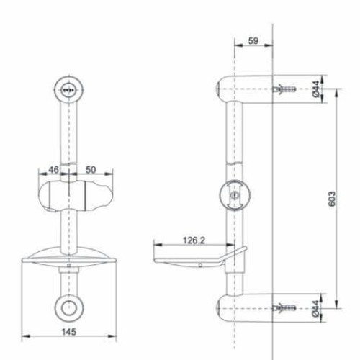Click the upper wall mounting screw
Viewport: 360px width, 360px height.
(x=284, y=90)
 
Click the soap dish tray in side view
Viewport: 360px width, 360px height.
(x=194, y=258)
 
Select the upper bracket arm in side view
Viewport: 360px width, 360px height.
(x=248, y=89)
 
